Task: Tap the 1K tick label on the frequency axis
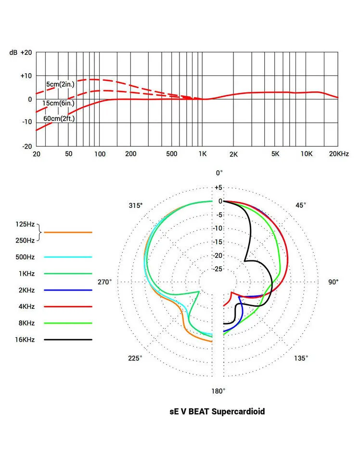coord(202,154)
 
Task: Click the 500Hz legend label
coord(25,257)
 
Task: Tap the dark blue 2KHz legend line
coord(67,290)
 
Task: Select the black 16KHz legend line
coord(67,340)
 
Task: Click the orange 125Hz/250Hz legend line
coord(67,232)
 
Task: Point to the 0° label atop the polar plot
coord(219,173)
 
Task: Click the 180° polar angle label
coord(219,391)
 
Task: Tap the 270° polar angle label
coord(104,282)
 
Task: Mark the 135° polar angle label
coord(301,358)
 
